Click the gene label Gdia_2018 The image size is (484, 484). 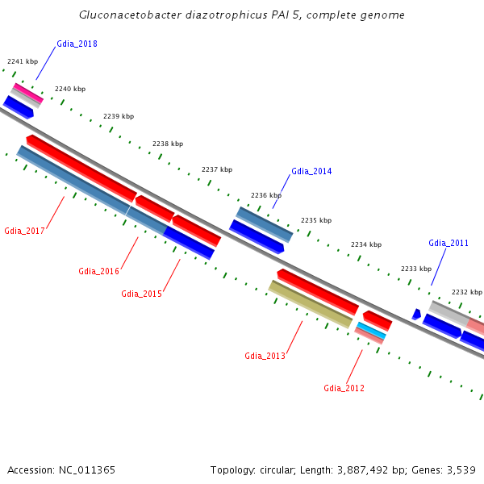tap(77, 44)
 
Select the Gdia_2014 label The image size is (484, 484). tap(311, 171)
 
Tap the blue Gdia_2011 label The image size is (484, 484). tap(449, 243)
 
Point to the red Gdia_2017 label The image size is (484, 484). tap(24, 231)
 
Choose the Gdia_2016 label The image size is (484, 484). tap(98, 271)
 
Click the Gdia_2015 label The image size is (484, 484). tap(141, 294)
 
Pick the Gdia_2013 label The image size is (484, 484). tap(265, 356)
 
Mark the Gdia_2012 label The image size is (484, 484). tap(344, 388)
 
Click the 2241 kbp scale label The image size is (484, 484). tap(23, 61)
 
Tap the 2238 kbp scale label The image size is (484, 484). tap(167, 144)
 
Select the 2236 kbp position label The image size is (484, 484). tap(266, 195)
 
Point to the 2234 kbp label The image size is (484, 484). tap(366, 244)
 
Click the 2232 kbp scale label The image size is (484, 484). tap(466, 292)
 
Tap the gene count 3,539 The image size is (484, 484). tap(460, 469)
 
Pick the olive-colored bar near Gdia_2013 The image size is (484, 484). tap(311, 303)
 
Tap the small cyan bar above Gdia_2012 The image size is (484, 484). tap(371, 330)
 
